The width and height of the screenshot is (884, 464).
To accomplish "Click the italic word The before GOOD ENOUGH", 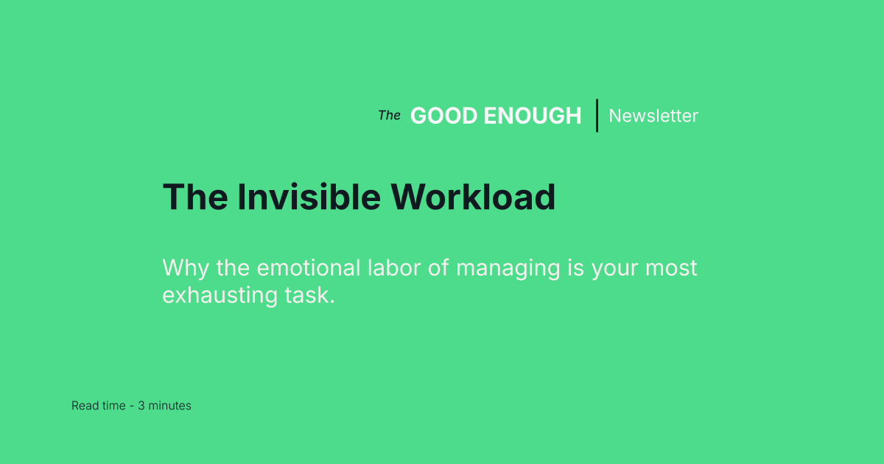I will pos(389,115).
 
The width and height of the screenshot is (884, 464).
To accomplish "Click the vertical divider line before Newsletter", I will pos(597,116).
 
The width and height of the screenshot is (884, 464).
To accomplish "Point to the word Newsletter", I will pos(653,116).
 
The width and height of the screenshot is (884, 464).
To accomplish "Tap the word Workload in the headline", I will pos(473,197).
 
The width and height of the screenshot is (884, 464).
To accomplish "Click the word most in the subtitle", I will pos(671,267).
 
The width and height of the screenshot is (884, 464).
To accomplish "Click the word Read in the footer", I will pos(84,406).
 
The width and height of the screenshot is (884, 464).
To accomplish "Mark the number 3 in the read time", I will pos(141,406).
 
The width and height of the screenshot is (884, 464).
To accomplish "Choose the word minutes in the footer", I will pos(169,406).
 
